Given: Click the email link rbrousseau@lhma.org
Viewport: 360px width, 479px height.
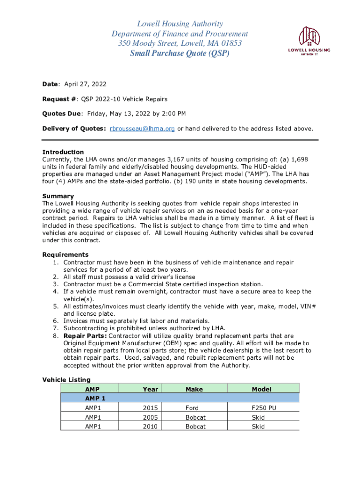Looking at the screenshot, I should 142,129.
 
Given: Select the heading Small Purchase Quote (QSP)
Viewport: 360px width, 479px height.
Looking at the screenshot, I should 180,53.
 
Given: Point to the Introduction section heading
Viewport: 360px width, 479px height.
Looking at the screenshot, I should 63,152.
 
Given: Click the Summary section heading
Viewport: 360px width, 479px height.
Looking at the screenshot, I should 58,196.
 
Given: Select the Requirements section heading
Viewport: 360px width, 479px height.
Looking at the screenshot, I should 65,254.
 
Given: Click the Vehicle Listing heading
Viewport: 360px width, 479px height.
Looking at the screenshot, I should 66,380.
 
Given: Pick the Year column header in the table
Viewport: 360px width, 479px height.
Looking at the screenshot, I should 151,389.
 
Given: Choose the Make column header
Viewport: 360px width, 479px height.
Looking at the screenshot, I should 194,389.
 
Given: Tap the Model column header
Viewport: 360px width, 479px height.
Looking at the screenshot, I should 261,389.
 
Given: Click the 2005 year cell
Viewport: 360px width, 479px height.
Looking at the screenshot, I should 151,417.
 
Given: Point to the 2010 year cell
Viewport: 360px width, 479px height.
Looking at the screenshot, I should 151,427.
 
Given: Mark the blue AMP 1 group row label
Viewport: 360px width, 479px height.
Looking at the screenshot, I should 95,399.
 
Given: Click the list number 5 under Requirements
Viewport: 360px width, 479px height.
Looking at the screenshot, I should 56,306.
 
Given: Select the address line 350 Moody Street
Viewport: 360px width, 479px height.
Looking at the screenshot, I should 180,43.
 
